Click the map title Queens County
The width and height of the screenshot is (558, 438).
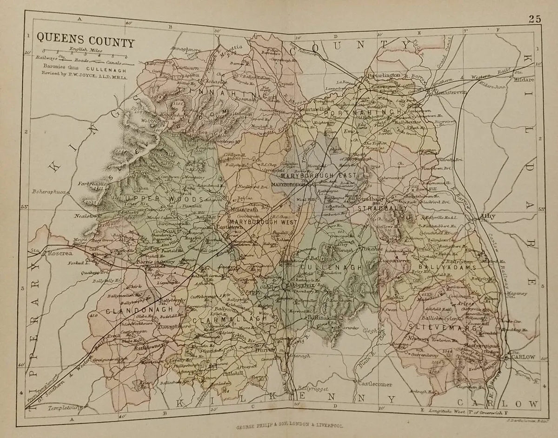coord(85,42)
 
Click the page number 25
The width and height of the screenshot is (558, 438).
coord(534,19)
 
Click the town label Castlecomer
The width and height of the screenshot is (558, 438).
coord(375,384)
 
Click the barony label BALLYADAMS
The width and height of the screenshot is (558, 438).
coord(447,268)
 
